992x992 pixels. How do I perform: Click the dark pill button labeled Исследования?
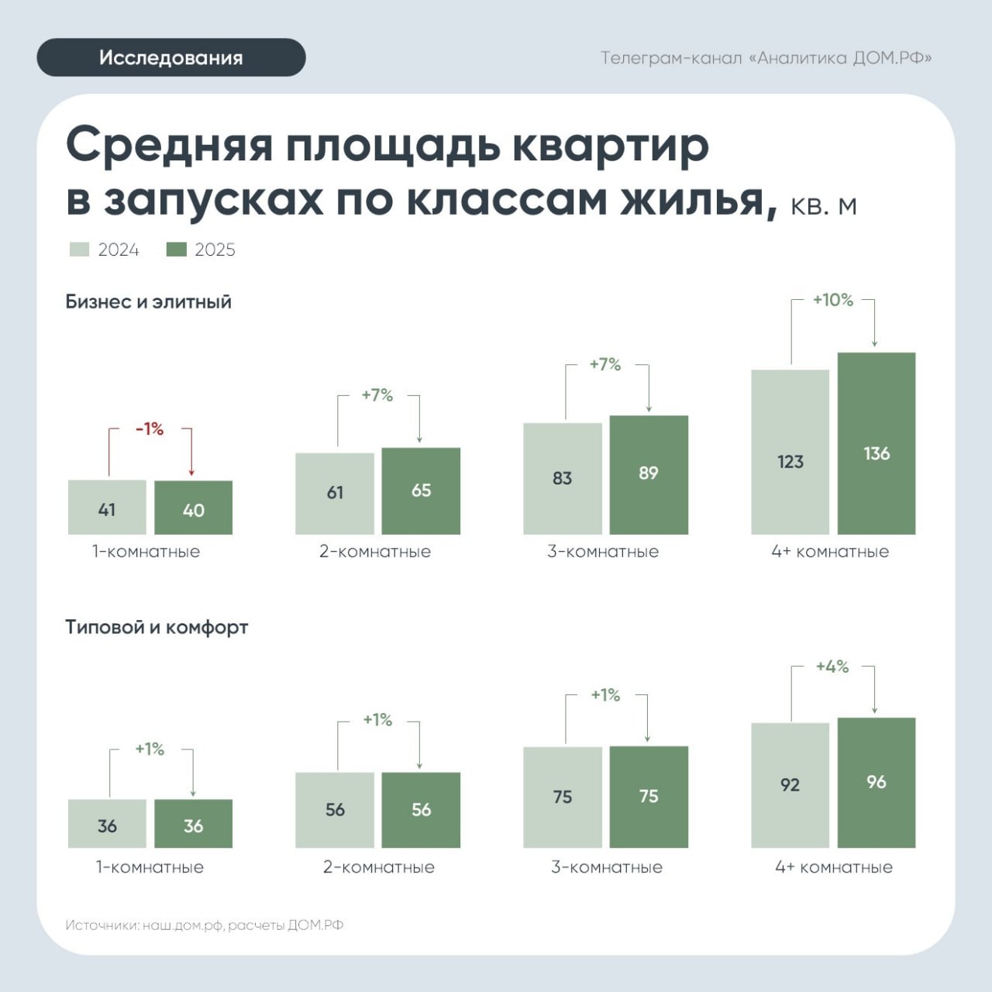[x=171, y=57]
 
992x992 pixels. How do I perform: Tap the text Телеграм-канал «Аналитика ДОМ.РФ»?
[x=766, y=58]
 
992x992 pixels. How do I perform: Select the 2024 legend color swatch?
[x=79, y=249]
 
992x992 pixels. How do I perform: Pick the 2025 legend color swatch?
[x=177, y=249]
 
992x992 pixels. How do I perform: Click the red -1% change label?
[x=150, y=429]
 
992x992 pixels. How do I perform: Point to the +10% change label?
[x=832, y=300]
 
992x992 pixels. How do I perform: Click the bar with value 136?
[x=877, y=443]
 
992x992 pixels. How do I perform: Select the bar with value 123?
[x=790, y=452]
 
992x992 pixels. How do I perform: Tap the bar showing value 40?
[x=193, y=508]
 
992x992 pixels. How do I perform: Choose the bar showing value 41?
[x=107, y=507]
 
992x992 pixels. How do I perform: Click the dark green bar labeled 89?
[x=649, y=474]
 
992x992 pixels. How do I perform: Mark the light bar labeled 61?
[x=335, y=494]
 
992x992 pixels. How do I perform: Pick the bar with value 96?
[x=877, y=783]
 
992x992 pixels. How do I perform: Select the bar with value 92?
[x=790, y=785]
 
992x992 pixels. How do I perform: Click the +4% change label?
[x=832, y=666]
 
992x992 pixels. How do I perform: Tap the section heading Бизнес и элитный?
[x=148, y=301]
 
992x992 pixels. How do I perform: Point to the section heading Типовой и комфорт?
[x=157, y=627]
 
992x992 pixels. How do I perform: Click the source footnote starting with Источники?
[x=205, y=925]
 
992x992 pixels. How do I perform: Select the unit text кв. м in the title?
[x=824, y=205]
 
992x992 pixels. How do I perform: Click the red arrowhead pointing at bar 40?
[x=191, y=472]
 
